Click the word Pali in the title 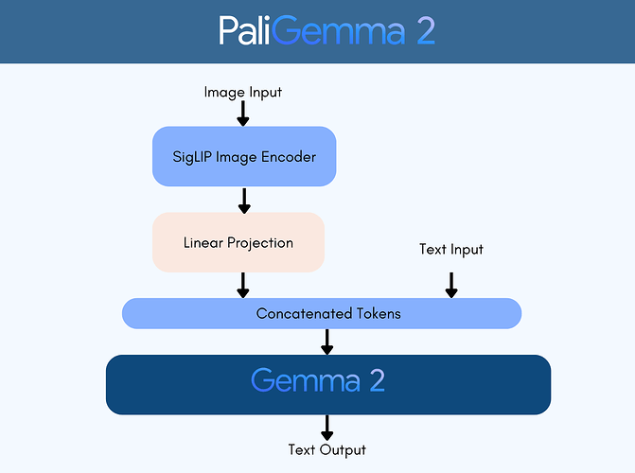(248, 30)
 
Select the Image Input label (243, 92)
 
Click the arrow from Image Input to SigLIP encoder (243, 114)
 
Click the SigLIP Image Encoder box (243, 156)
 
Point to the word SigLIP (194, 156)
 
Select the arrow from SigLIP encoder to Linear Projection (243, 200)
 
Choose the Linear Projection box (238, 242)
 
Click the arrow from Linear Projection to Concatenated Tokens (243, 285)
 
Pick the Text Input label (451, 250)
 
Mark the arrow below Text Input (451, 285)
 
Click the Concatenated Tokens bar (322, 313)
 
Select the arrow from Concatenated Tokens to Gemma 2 (327, 342)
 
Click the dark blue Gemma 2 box (327, 384)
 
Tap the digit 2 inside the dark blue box (376, 381)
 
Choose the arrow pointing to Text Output (327, 427)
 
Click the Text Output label (326, 449)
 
